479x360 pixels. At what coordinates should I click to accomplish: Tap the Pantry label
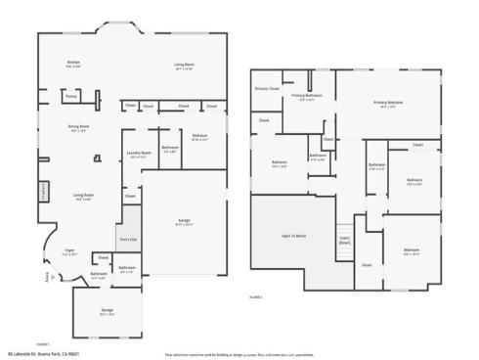pos(71,96)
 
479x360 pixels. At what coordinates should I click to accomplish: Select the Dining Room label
pos(79,128)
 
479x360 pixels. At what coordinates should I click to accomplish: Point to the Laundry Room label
pos(140,154)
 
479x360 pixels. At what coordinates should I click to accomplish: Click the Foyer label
pos(70,251)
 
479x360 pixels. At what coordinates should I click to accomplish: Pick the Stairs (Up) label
pos(127,238)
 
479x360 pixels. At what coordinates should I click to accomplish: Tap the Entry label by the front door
pos(47,277)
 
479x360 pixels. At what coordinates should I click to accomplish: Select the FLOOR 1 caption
pos(42,345)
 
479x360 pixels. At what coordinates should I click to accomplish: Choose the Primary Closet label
pos(267,89)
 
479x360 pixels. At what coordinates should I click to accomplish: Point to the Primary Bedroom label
pos(387,103)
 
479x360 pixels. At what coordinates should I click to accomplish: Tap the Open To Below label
pos(294,238)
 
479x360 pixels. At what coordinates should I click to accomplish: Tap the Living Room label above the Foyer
pos(83,197)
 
